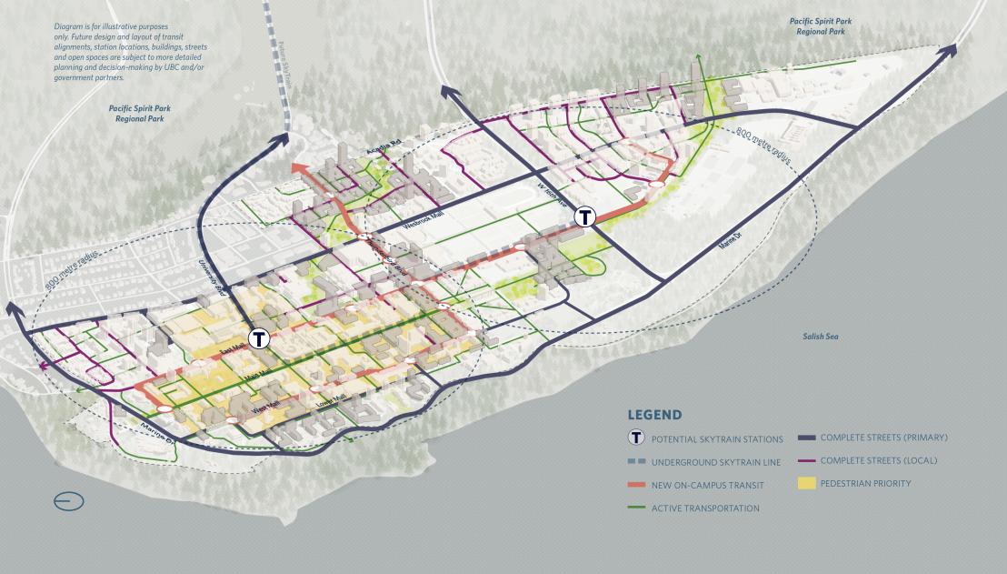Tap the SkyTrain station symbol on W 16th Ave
pos(586,217)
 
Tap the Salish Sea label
pos(820,337)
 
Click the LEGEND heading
pos(654,415)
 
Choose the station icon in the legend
pos(637,439)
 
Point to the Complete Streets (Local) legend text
pos(878,460)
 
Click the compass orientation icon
pos(69,501)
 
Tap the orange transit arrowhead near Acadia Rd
pos(298,170)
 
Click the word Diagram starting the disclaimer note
pos(69,27)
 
